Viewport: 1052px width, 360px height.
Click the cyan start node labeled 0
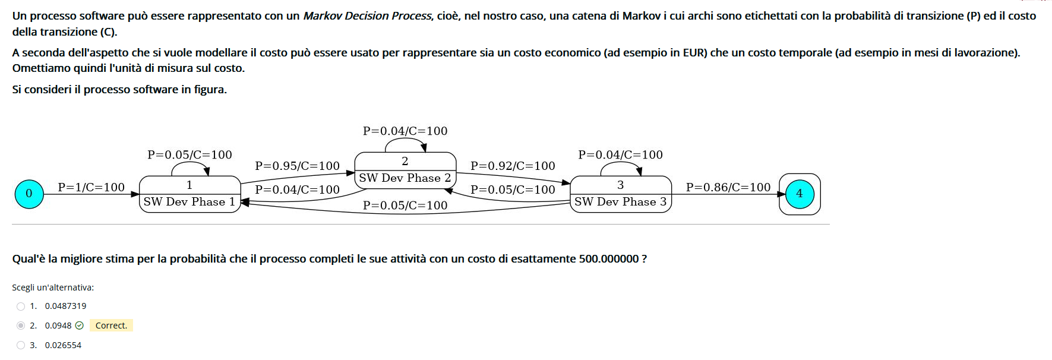(29, 194)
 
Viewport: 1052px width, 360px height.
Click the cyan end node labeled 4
(800, 194)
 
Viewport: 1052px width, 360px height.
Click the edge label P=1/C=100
(91, 188)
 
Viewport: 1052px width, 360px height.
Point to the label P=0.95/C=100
(297, 166)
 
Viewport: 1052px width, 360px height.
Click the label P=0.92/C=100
(513, 166)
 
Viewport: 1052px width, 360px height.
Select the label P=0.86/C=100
(728, 188)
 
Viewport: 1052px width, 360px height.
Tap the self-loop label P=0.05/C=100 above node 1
(189, 155)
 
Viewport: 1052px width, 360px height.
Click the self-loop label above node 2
(405, 131)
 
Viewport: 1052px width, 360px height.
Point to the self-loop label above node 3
(620, 155)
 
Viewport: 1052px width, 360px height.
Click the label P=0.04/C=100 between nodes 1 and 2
(297, 190)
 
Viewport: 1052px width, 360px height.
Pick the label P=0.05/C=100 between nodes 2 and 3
(513, 190)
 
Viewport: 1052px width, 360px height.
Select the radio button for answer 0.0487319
(21, 307)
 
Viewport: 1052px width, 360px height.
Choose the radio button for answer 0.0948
(21, 326)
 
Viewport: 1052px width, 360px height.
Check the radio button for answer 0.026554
(21, 345)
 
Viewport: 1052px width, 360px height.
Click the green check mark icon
(80, 326)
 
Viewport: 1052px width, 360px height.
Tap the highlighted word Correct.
(111, 326)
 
